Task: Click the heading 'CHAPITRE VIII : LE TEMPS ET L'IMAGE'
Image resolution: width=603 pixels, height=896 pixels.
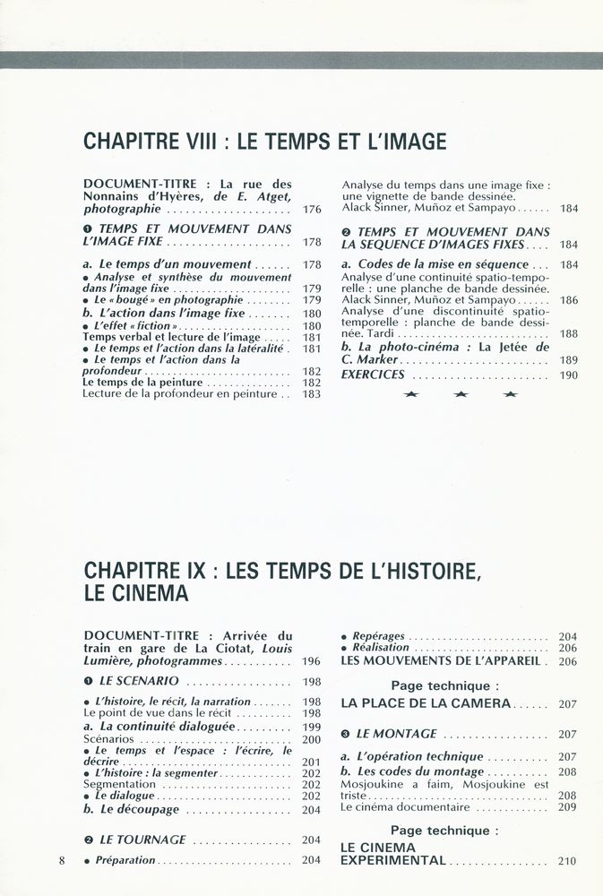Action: click(x=264, y=142)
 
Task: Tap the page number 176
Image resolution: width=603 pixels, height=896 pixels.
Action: click(x=312, y=210)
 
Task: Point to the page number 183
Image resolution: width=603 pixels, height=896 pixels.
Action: click(x=312, y=393)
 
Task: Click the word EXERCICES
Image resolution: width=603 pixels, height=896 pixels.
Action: click(x=373, y=375)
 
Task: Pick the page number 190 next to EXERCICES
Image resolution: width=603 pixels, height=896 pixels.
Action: click(x=569, y=375)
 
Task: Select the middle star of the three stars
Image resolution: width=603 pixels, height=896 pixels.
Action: click(x=461, y=394)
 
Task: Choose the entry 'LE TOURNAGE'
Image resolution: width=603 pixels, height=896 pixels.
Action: click(x=142, y=840)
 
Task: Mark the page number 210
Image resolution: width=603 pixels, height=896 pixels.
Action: click(x=567, y=861)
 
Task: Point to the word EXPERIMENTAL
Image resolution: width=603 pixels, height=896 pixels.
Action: click(x=393, y=860)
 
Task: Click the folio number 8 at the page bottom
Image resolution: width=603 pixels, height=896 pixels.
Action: click(x=62, y=861)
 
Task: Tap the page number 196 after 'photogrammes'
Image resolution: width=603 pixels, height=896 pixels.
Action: click(x=312, y=661)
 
